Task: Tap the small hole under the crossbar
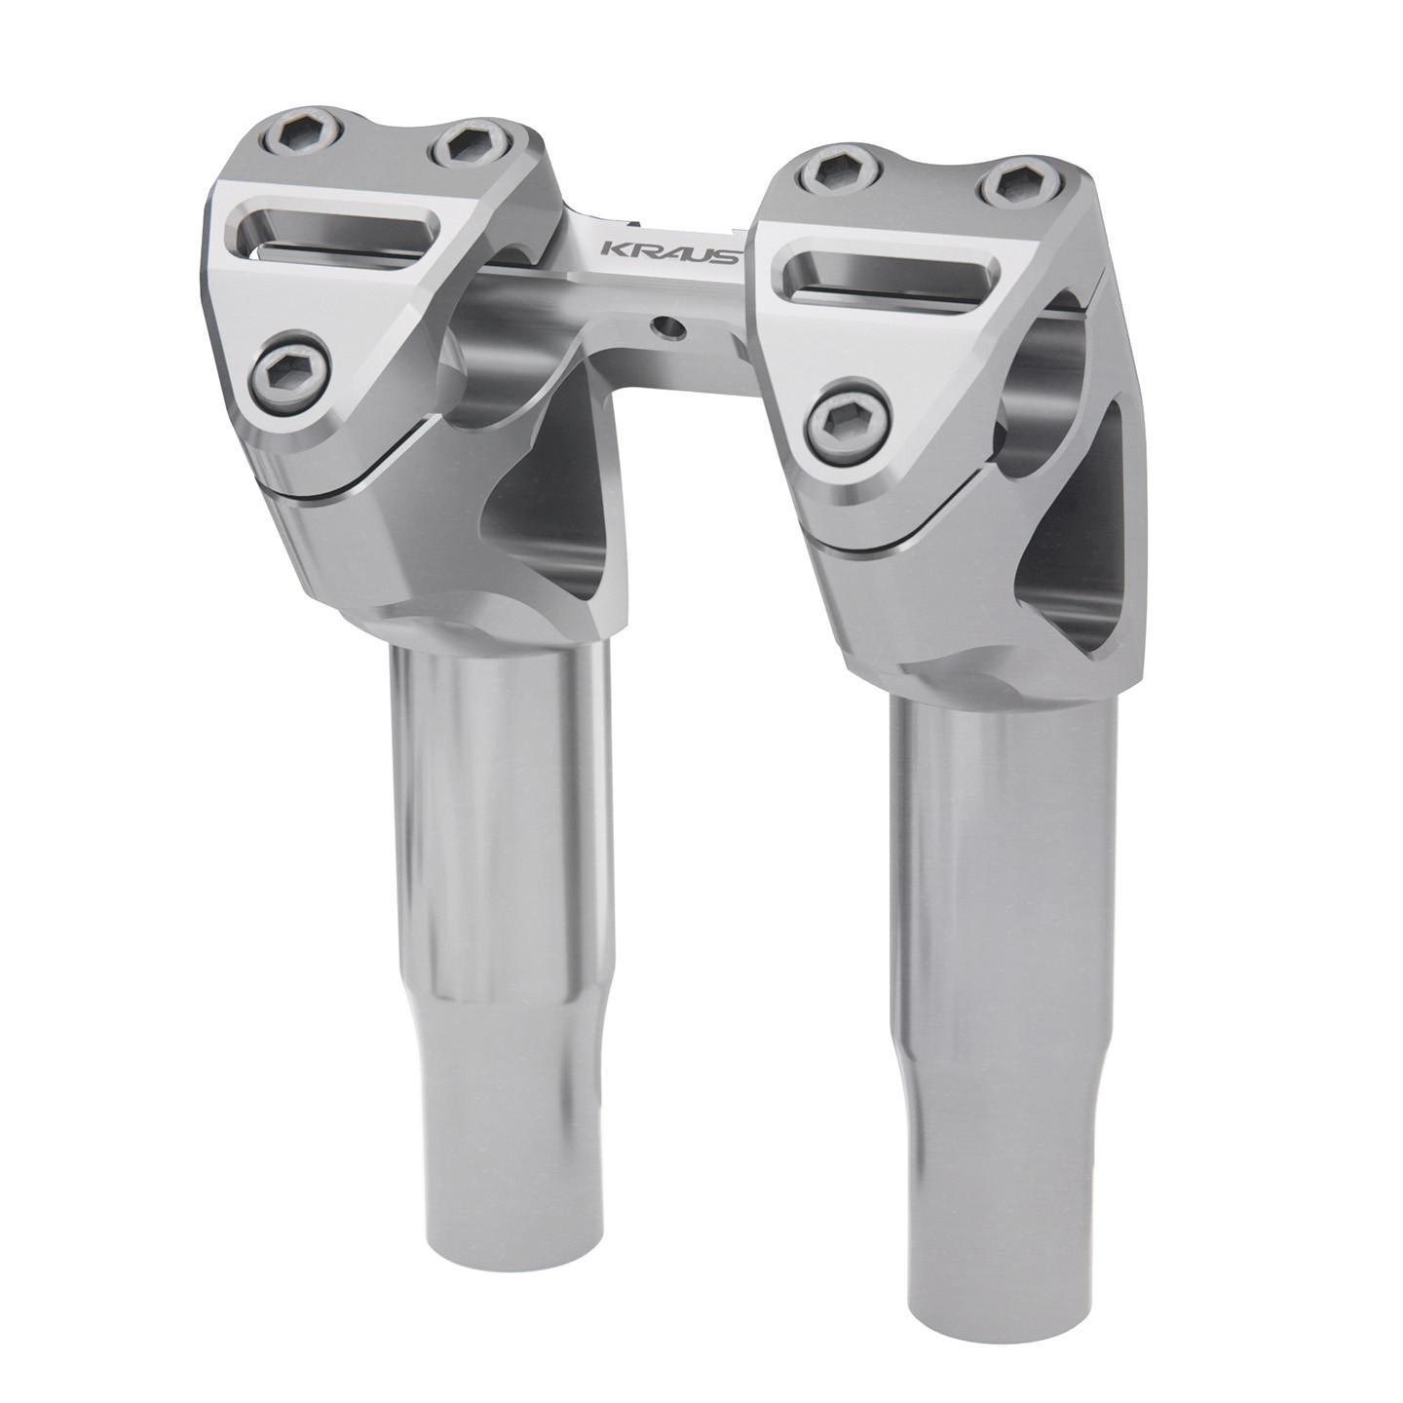click(667, 327)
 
